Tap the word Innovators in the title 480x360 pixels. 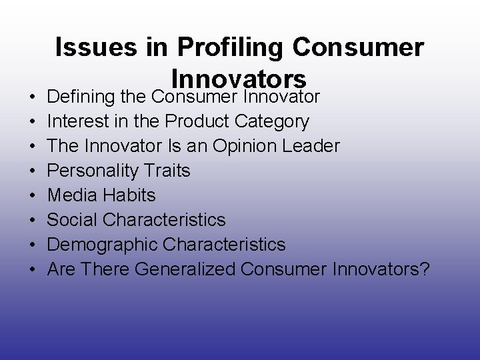(239, 78)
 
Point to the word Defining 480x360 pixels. (81, 97)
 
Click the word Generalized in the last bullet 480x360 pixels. (185, 269)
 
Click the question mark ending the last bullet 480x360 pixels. (425, 269)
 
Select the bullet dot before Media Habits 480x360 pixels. (32, 196)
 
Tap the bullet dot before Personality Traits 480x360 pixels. (32, 171)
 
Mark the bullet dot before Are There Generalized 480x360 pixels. (32, 270)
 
